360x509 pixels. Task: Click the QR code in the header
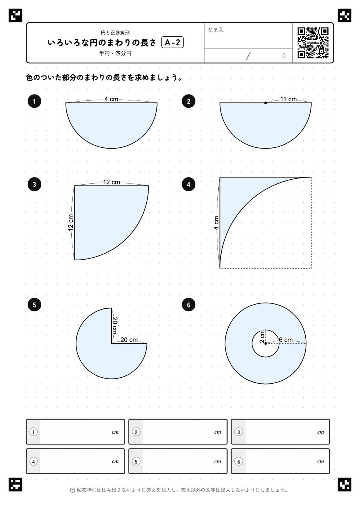pos(313,43)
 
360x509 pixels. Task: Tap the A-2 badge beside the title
pos(172,42)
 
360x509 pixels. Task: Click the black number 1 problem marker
pos(34,101)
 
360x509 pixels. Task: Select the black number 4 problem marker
pos(189,184)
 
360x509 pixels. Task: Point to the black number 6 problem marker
pos(189,305)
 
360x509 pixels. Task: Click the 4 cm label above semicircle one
pos(111,99)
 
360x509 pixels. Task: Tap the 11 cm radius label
pos(288,99)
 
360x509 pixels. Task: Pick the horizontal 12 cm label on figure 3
pos(111,182)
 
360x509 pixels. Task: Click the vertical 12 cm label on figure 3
pos(71,223)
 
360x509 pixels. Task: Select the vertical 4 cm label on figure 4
pos(216,223)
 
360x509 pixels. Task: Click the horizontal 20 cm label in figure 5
pos(129,340)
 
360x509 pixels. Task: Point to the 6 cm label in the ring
pos(286,340)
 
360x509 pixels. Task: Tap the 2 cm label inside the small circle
pos(262,336)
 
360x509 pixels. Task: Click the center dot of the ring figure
pos(265,343)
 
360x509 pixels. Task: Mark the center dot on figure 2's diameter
pos(265,103)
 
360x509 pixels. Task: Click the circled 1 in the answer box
pos(34,432)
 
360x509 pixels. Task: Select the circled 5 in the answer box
pos(136,461)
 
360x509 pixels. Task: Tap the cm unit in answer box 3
pos(321,432)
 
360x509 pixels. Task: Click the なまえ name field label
pos(216,30)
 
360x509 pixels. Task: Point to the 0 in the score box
pos(283,56)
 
